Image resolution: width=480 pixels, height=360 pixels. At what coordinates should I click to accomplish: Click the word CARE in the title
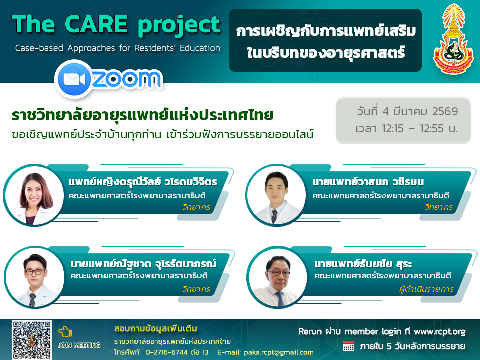pos(96,24)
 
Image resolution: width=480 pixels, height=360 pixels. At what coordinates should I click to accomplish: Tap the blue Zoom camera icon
pos(74,79)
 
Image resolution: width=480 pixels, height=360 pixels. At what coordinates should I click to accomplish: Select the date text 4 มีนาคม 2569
pos(420,111)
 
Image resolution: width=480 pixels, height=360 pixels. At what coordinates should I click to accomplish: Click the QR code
pos(32,340)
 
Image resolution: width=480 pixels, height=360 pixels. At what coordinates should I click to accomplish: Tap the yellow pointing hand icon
pos(65,332)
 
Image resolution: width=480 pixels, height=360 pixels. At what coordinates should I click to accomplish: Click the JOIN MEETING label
pos(79,345)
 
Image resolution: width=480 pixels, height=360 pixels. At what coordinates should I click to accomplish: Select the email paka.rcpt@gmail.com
pos(279,352)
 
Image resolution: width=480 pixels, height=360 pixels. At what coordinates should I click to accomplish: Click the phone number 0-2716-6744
pos(166,352)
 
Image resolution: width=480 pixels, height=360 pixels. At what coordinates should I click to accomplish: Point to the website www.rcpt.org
pos(440,332)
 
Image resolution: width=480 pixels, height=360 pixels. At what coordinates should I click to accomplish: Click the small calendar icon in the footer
pos(348,346)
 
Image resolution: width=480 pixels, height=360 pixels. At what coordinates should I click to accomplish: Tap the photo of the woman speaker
pos(34,196)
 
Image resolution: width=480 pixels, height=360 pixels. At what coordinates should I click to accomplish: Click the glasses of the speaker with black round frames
pos(35,271)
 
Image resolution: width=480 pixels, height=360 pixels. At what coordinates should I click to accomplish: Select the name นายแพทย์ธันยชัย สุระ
pos(363,264)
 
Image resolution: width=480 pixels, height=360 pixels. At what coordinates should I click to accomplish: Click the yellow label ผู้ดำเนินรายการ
pos(426,289)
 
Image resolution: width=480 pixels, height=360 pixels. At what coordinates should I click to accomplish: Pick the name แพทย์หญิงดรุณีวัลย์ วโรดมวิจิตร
pos(143,182)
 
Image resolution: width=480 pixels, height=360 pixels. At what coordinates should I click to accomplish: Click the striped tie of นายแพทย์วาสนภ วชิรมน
pos(274,216)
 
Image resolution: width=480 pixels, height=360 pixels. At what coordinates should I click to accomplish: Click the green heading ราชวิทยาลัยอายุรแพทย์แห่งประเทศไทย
pos(142,115)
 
